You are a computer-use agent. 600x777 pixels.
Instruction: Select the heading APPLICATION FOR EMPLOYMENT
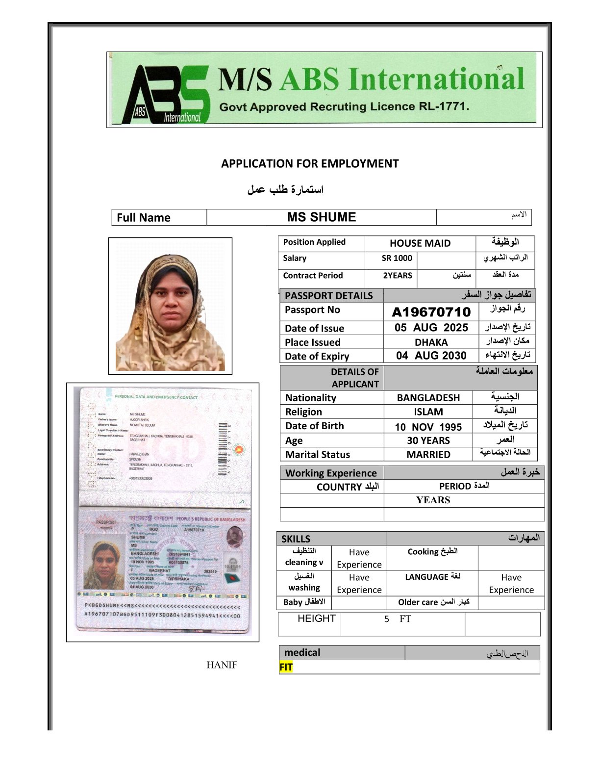point(310,164)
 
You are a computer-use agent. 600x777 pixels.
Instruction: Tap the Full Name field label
point(144,218)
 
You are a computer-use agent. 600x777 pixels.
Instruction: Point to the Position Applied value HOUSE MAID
point(420,243)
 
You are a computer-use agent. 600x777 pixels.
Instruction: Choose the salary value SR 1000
point(397,259)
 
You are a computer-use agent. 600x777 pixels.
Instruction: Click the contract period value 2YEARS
point(398,276)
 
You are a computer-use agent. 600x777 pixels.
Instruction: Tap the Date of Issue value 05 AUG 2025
point(431,328)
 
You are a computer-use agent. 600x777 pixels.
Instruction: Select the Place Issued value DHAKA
point(431,342)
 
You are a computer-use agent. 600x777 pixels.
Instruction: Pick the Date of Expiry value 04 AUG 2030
point(431,356)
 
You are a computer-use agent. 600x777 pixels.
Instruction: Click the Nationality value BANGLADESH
point(428,398)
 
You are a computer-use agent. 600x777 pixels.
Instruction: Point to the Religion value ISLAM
point(428,412)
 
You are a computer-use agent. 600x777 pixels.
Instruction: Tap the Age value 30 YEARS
point(428,440)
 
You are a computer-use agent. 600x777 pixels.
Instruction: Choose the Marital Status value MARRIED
point(428,455)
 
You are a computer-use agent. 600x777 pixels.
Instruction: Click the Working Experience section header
point(331,473)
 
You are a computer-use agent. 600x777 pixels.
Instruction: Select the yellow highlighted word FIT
point(286,667)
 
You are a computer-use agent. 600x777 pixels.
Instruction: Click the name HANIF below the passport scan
point(222,665)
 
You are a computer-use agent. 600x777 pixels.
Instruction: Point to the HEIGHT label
point(317,619)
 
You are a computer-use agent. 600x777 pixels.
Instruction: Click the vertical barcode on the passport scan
point(223,448)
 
